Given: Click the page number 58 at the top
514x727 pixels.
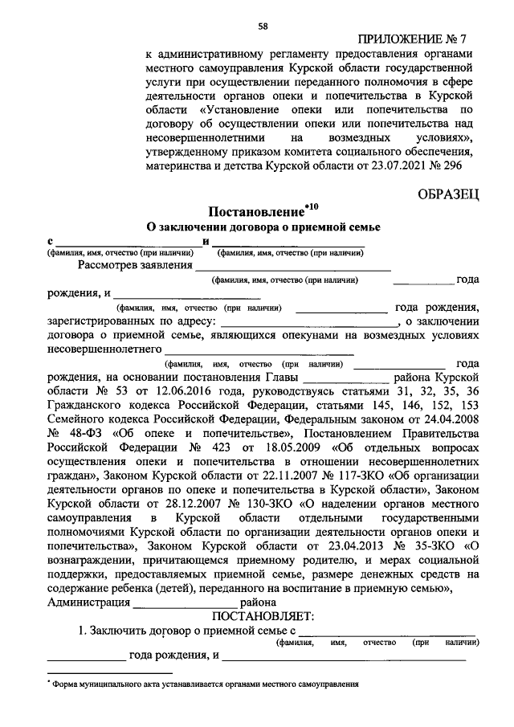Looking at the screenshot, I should click(x=263, y=27).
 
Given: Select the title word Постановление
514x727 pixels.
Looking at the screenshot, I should click(x=256, y=213).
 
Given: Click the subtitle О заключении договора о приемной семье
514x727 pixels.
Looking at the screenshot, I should click(x=262, y=228).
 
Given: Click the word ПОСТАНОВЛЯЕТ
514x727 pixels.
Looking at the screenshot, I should click(x=263, y=617).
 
